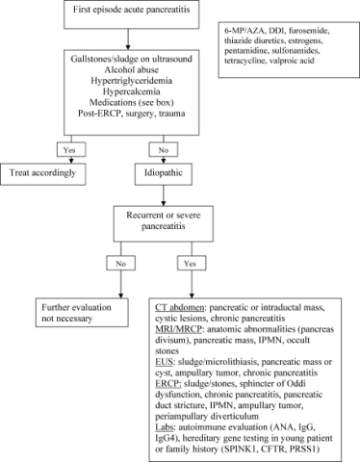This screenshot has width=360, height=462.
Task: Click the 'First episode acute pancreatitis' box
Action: (132, 14)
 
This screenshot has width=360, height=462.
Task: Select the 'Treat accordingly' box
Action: (43, 174)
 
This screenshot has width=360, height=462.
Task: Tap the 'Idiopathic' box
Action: (164, 174)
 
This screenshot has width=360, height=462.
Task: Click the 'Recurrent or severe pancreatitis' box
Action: (164, 224)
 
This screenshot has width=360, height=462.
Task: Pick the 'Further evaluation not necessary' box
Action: (82, 313)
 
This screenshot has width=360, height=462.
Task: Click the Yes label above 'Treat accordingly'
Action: (71, 149)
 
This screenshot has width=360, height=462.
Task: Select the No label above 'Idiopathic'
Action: (164, 149)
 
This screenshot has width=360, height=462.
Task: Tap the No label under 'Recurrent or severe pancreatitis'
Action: (120, 264)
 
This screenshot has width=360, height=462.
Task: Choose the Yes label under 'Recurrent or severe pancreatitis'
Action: (192, 264)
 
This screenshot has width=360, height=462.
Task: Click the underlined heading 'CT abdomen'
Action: (179, 308)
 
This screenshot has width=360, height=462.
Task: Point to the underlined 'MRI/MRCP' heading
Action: (178, 329)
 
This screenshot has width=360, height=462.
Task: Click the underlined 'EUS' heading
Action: (164, 362)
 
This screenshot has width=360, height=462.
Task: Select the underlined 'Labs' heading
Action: (165, 427)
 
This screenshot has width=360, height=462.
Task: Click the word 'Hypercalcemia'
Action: (131, 91)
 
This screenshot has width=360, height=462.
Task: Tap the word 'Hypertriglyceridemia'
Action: (131, 81)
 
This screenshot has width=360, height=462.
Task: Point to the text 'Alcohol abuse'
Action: (132, 69)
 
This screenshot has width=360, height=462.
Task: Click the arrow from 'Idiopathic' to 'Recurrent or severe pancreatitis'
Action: (164, 195)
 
